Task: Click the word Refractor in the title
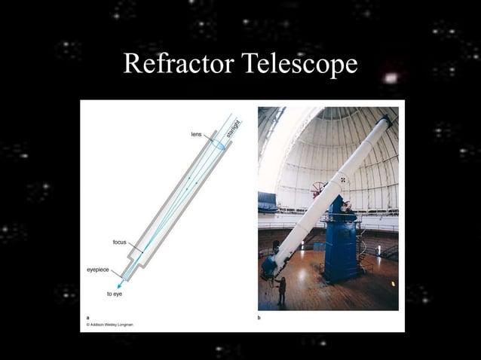coord(178,65)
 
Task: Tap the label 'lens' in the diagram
coord(195,133)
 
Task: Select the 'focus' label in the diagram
coord(119,242)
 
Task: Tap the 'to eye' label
coord(115,294)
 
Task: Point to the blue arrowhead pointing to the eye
coord(120,285)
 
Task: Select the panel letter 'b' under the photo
coord(259,318)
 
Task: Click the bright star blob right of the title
coord(390,78)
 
